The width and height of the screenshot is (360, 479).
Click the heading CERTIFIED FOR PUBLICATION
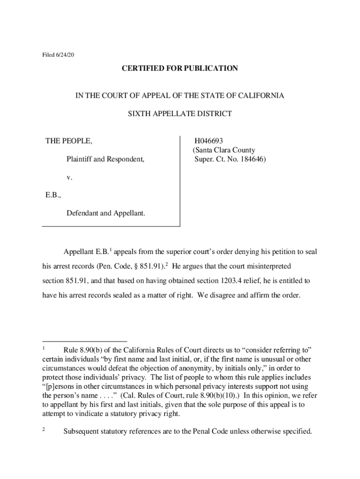pyautogui.click(x=180, y=68)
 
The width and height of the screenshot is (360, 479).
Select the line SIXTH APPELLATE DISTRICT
pyautogui.click(x=180, y=114)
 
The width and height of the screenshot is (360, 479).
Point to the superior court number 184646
pyautogui.click(x=252, y=160)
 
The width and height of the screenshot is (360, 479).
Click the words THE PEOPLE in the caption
pyautogui.click(x=68, y=141)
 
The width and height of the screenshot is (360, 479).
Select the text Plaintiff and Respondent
pyautogui.click(x=105, y=160)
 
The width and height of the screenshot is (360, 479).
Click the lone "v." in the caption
pyautogui.click(x=69, y=178)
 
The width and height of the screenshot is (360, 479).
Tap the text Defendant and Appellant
pyautogui.click(x=106, y=213)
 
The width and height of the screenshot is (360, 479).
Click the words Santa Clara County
pyautogui.click(x=225, y=150)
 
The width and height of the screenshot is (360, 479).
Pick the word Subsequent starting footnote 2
pyautogui.click(x=81, y=431)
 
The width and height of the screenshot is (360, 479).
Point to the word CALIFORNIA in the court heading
pyautogui.click(x=259, y=95)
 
